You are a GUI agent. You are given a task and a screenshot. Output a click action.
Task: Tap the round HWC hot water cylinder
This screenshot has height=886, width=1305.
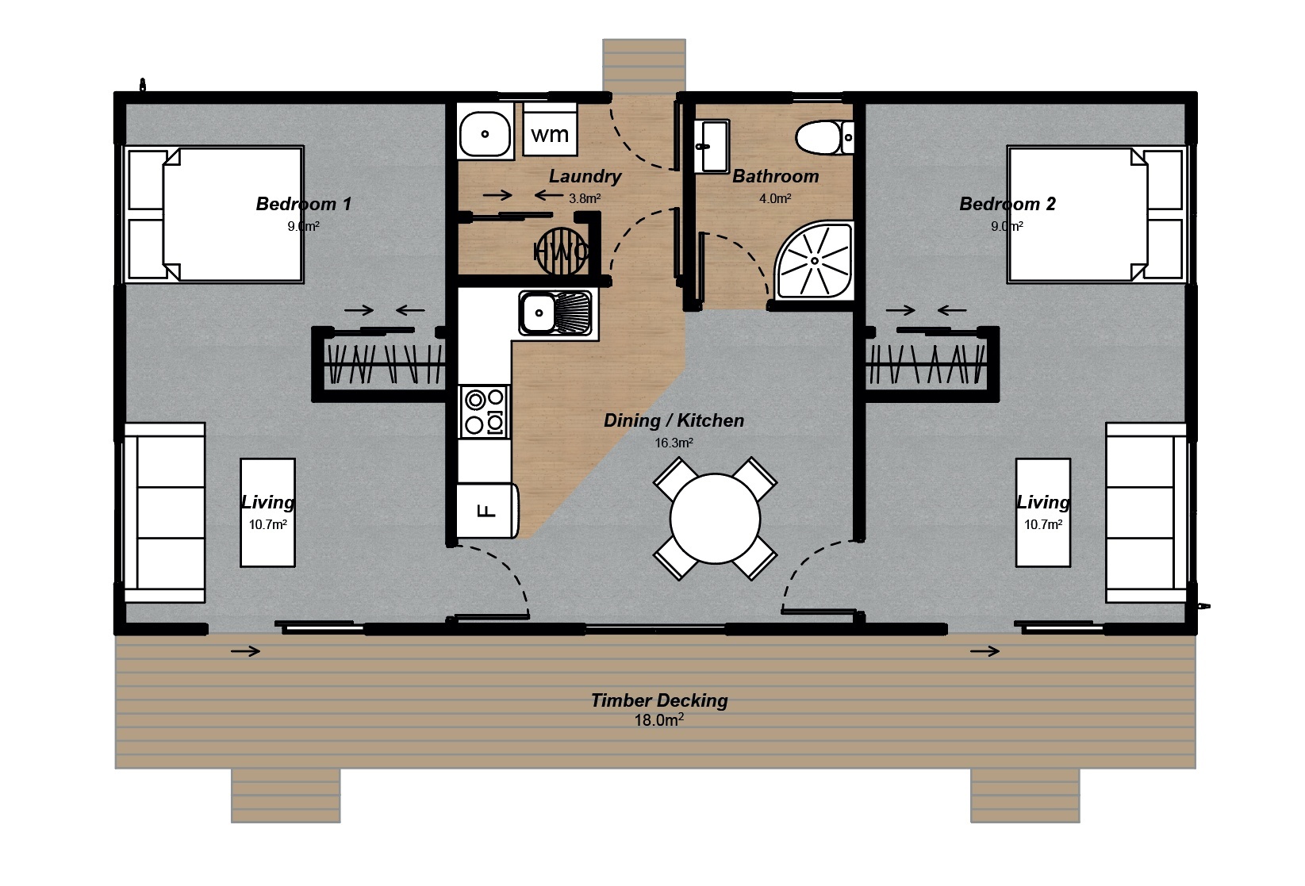point(562,251)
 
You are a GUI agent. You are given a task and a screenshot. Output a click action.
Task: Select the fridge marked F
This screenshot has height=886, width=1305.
point(487,510)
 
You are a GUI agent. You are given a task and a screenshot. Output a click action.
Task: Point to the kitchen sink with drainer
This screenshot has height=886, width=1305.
point(555,313)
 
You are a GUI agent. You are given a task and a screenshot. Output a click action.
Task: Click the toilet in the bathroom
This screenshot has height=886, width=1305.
point(824,138)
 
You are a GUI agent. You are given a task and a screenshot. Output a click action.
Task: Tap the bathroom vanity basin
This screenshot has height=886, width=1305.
point(712,145)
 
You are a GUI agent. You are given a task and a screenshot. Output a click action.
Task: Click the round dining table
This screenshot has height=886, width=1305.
point(715,519)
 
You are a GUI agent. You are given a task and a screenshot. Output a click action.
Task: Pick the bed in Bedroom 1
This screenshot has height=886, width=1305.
point(214,214)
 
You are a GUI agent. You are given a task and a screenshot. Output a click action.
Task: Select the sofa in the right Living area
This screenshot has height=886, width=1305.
point(1146,512)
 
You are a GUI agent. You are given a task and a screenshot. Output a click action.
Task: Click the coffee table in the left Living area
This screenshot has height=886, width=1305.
point(267,512)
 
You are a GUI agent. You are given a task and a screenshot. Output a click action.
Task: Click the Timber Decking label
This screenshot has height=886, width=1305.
point(658,700)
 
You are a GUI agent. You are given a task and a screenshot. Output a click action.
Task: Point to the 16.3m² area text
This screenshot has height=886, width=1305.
point(674,443)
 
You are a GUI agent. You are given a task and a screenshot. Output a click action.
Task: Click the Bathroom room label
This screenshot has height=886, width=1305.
point(775,176)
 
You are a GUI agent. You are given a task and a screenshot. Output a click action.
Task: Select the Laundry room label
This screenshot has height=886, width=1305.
point(585,176)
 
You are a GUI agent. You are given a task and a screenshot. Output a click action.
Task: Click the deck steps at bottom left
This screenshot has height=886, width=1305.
point(286,795)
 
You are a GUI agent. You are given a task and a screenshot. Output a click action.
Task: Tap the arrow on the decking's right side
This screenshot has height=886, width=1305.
point(985,651)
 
